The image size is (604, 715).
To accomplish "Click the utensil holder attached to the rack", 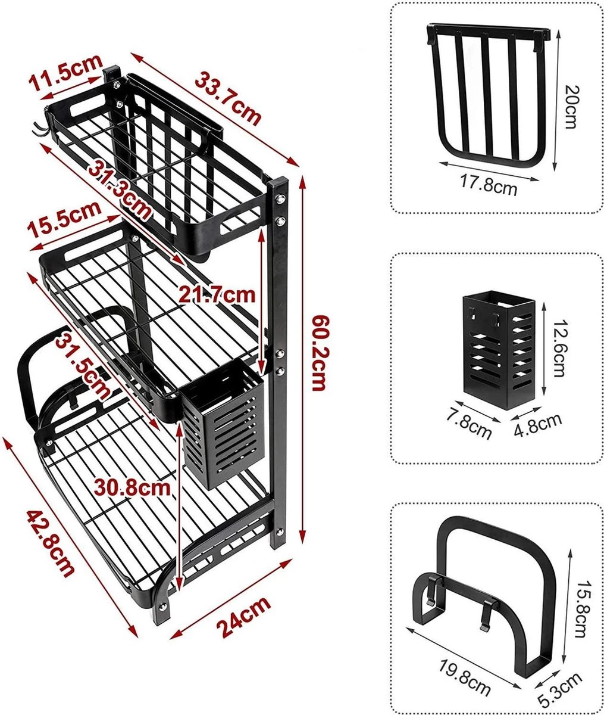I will [x=223, y=426].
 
